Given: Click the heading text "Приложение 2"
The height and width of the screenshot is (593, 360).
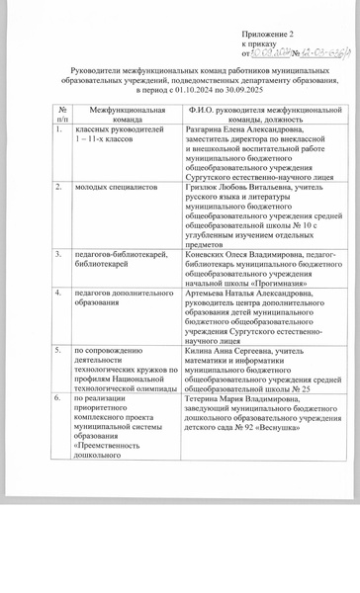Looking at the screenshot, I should (x=268, y=34).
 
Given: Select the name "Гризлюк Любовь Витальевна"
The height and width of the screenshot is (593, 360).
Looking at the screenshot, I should (x=240, y=186).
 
